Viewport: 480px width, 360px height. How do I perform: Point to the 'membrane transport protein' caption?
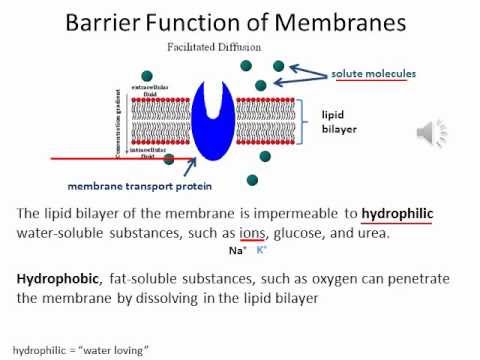(x=140, y=185)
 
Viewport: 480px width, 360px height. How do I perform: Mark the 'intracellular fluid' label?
(x=109, y=152)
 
